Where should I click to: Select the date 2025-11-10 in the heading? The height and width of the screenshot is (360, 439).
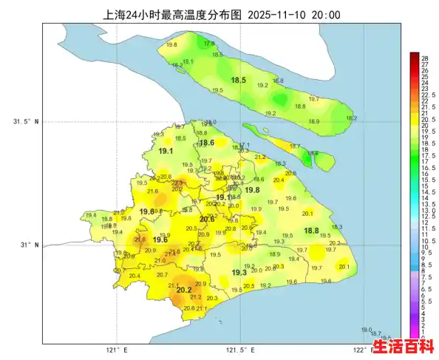(x=279, y=15)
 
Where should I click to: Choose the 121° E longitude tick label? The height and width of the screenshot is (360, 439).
(x=118, y=351)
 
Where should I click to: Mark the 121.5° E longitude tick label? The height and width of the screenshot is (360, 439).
(x=239, y=351)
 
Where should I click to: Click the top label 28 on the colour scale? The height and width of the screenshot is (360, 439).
(x=426, y=58)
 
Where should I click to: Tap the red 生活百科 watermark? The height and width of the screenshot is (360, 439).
(x=403, y=346)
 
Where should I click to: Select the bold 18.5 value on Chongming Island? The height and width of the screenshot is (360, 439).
(x=239, y=80)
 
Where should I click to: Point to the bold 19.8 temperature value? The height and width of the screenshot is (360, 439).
(x=252, y=190)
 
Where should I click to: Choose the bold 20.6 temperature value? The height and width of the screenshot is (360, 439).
(x=208, y=219)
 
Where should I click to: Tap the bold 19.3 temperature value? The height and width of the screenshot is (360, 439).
(x=239, y=273)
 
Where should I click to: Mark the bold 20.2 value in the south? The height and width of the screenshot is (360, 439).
(x=184, y=290)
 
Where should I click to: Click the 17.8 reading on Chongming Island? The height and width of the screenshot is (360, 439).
(x=209, y=44)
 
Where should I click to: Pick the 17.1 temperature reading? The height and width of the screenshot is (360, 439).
(x=245, y=145)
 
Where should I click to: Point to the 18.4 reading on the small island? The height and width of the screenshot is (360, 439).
(x=313, y=153)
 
